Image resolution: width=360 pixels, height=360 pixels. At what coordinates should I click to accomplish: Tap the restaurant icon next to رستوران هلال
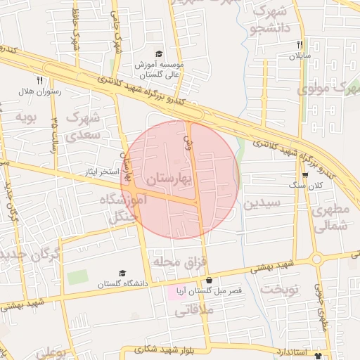click(x=39, y=80)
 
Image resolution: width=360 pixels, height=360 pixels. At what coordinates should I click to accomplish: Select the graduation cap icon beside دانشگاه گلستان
click(x=122, y=273)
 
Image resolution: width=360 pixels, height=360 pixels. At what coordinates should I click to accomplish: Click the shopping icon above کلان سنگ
click(x=304, y=176)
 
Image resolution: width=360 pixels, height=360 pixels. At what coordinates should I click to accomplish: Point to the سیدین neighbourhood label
click(x=262, y=204)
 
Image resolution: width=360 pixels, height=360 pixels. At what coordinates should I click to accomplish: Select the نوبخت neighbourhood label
click(x=280, y=288)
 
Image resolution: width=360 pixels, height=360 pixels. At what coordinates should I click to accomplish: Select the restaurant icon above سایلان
click(x=299, y=44)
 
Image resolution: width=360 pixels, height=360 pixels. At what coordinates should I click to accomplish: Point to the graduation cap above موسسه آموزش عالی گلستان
click(x=160, y=54)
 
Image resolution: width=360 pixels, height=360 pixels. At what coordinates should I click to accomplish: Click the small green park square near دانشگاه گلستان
click(x=77, y=277)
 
